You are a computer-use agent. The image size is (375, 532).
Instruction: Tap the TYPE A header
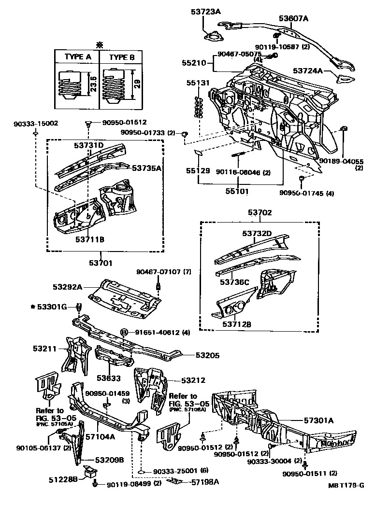point(78,56)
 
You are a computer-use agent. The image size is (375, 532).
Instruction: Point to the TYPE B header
point(122,56)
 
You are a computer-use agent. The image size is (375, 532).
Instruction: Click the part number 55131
point(198,83)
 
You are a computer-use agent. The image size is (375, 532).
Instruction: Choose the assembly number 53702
point(260,212)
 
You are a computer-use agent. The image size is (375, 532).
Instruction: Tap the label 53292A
point(69,287)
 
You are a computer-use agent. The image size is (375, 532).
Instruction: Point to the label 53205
point(207,355)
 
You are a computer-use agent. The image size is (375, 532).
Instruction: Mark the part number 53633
point(108,378)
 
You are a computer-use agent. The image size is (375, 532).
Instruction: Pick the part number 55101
point(237,191)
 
